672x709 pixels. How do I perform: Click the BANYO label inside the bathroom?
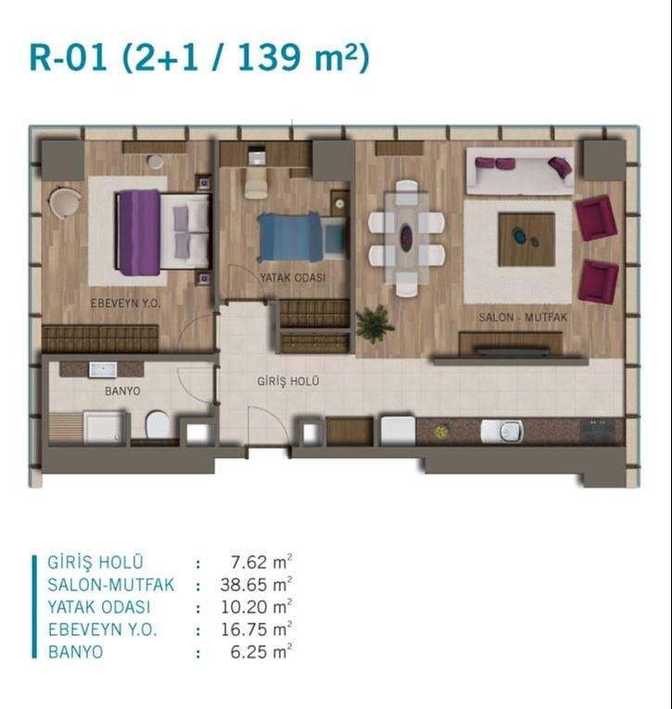tap(122, 391)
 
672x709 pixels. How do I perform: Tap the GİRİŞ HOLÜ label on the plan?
tap(288, 382)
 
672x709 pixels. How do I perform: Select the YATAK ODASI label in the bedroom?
tap(293, 278)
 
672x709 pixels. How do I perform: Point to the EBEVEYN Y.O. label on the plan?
tap(126, 303)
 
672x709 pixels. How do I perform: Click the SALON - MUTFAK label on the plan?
tap(523, 317)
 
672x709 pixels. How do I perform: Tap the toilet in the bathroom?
tap(158, 424)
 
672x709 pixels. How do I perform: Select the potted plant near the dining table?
tap(374, 323)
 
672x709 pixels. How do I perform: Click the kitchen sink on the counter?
tap(502, 430)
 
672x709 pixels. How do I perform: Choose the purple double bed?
tap(164, 233)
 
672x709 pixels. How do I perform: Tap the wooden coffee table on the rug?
tap(526, 240)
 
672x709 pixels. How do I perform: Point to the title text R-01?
tap(69, 57)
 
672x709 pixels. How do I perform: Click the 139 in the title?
tap(269, 57)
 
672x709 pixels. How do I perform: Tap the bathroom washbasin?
tap(103, 370)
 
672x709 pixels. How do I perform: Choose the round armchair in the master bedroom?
tap(64, 203)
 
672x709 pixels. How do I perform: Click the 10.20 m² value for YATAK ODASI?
tap(256, 607)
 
